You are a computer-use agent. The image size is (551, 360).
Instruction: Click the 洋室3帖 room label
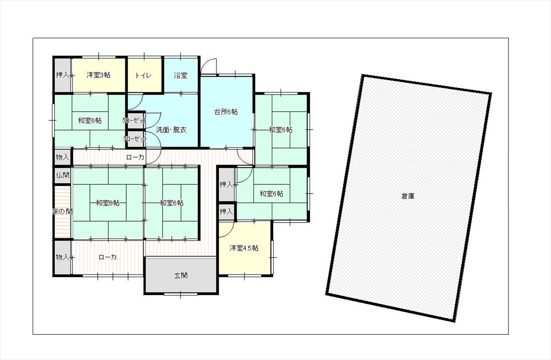98,75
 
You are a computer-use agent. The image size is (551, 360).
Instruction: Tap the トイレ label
143,75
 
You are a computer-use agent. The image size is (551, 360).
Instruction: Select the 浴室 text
180,75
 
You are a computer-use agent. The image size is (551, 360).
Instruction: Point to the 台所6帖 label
226,112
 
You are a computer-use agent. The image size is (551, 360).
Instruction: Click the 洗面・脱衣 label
171,130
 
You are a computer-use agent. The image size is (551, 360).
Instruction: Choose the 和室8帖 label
108,203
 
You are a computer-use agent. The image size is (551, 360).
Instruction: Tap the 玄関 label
181,276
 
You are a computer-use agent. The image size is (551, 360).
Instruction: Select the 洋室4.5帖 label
244,248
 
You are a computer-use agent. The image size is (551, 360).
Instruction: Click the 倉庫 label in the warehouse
408,196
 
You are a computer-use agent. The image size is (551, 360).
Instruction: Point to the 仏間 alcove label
62,175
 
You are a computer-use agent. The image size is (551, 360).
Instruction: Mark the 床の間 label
62,211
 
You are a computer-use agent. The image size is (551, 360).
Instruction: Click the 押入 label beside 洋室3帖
62,75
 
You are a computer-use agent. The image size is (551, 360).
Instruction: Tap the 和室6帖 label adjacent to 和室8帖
171,203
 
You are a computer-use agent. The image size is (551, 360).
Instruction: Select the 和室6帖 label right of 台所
281,130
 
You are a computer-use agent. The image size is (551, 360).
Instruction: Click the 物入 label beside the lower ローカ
62,257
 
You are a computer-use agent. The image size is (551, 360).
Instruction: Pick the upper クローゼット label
134,120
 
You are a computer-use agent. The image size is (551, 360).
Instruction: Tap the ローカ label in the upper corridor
135,157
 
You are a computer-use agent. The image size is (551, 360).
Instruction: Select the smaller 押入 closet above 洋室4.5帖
226,211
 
